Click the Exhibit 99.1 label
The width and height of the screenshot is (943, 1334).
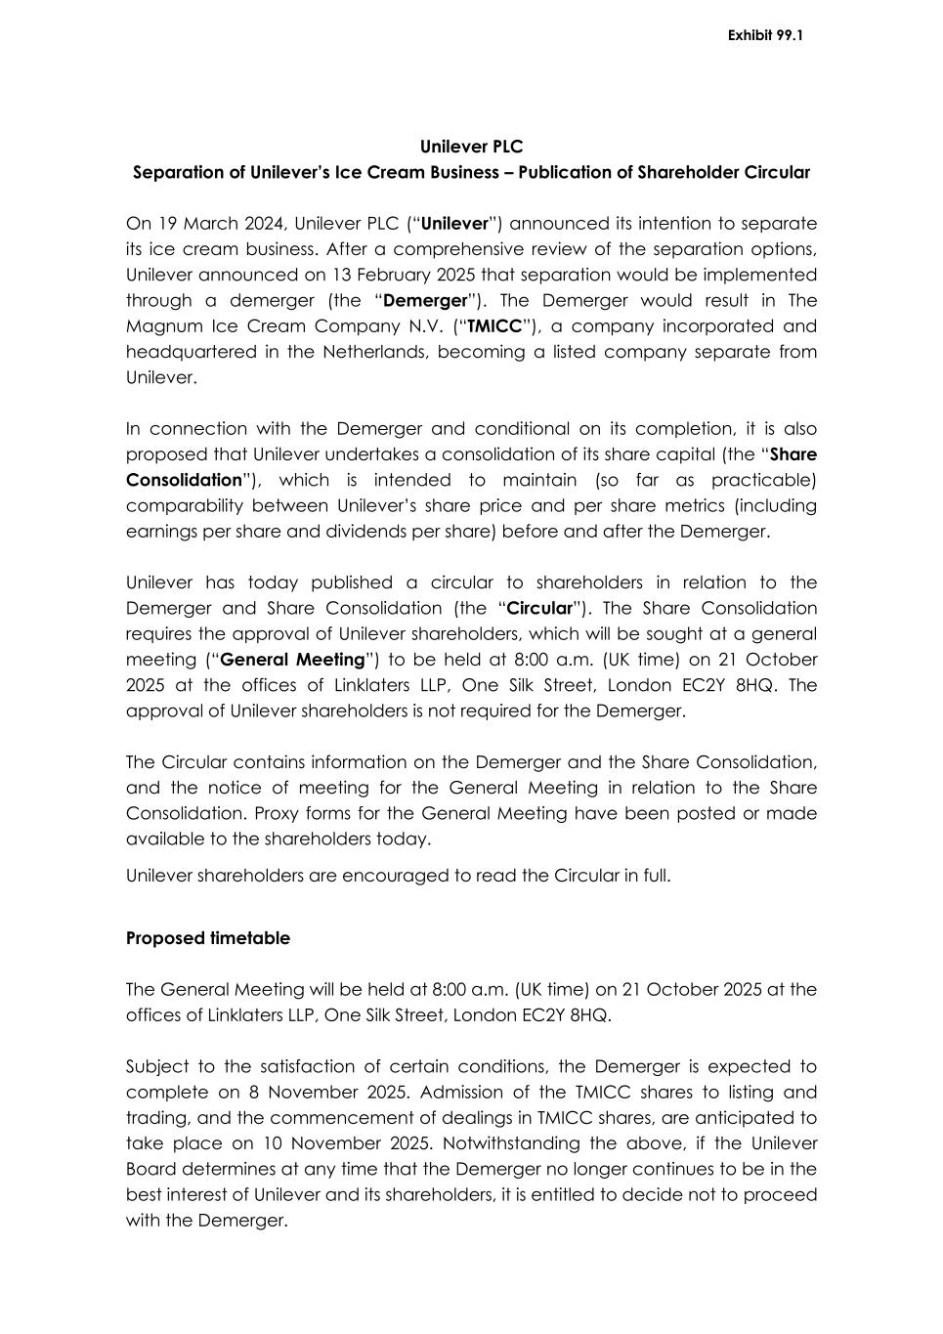point(765,36)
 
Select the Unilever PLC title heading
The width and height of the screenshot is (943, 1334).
point(471,147)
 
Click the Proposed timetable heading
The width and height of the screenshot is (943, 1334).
point(208,938)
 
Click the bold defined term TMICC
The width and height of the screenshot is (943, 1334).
point(494,326)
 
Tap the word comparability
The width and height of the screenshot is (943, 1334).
point(184,506)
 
